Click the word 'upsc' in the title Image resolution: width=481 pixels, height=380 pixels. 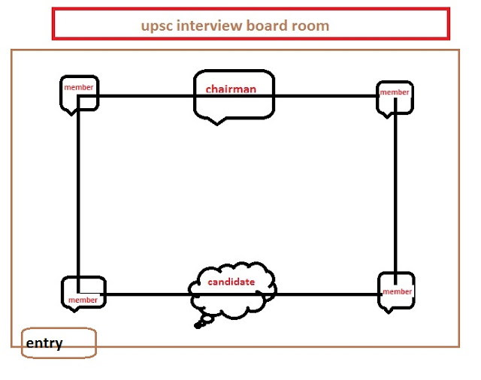point(156,26)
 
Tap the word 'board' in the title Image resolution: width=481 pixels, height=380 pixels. point(269,26)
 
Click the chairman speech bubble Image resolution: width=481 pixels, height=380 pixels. point(234,105)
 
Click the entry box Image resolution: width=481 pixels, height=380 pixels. point(59,342)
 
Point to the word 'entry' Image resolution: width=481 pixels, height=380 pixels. point(44,344)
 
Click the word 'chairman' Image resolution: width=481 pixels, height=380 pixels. point(231,89)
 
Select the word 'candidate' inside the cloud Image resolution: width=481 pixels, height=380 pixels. point(231,282)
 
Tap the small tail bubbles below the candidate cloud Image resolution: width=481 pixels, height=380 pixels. point(201,324)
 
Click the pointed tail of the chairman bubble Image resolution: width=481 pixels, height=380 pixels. point(217,122)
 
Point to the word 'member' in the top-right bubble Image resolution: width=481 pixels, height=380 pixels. point(395,92)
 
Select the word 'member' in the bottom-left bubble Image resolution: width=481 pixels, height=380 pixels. point(83,300)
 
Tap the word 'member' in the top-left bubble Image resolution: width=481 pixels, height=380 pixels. point(79,87)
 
